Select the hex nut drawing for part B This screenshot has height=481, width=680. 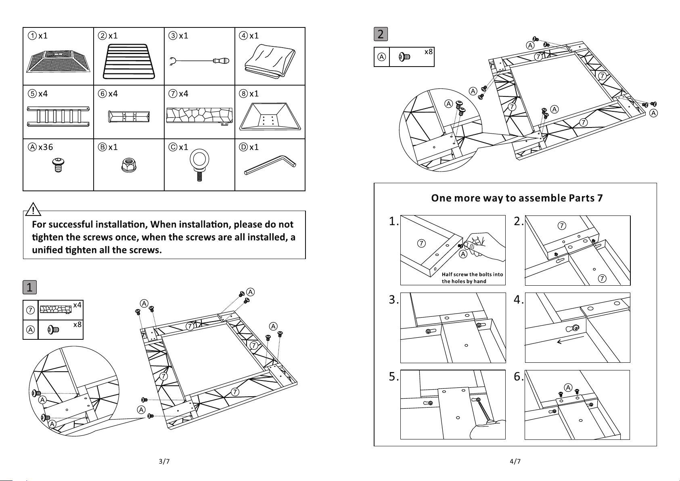pyautogui.click(x=129, y=165)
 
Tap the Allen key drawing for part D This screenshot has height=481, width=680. pyautogui.click(x=270, y=165)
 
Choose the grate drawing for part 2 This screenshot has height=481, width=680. pyautogui.click(x=129, y=62)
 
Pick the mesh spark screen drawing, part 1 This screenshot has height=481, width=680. pyautogui.click(x=58, y=62)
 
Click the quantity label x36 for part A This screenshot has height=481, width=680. pyautogui.click(x=46, y=147)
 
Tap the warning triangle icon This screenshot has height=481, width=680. pyautogui.click(x=33, y=209)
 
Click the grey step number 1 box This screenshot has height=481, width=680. pyautogui.click(x=30, y=287)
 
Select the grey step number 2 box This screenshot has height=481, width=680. pyautogui.click(x=381, y=34)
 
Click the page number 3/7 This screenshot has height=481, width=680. pyautogui.click(x=164, y=461)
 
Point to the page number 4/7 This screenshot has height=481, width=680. pyautogui.click(x=515, y=461)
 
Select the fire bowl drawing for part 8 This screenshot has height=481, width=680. pyautogui.click(x=270, y=117)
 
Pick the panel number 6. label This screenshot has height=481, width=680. pyautogui.click(x=519, y=376)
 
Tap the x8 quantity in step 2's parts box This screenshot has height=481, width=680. pyautogui.click(x=429, y=52)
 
